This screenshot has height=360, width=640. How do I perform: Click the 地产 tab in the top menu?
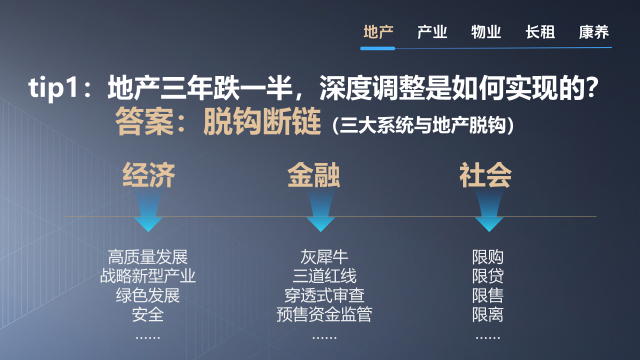(378, 32)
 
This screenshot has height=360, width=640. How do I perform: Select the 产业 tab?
(432, 32)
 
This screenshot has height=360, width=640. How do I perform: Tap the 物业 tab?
(486, 32)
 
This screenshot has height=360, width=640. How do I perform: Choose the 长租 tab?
(540, 32)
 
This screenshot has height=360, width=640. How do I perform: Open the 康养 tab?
(594, 32)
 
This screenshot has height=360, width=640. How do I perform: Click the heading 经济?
(149, 176)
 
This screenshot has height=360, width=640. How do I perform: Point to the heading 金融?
(314, 176)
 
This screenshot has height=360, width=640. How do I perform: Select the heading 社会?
(486, 176)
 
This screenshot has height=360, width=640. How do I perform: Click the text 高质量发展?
(148, 256)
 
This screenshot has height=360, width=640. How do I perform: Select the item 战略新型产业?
(148, 275)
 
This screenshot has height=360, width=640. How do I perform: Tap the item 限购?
(488, 256)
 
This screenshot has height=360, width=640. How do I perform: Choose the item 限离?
(488, 314)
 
